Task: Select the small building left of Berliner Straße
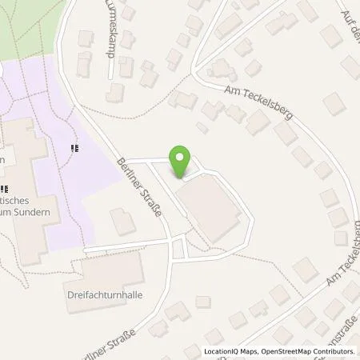tap(122, 222)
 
